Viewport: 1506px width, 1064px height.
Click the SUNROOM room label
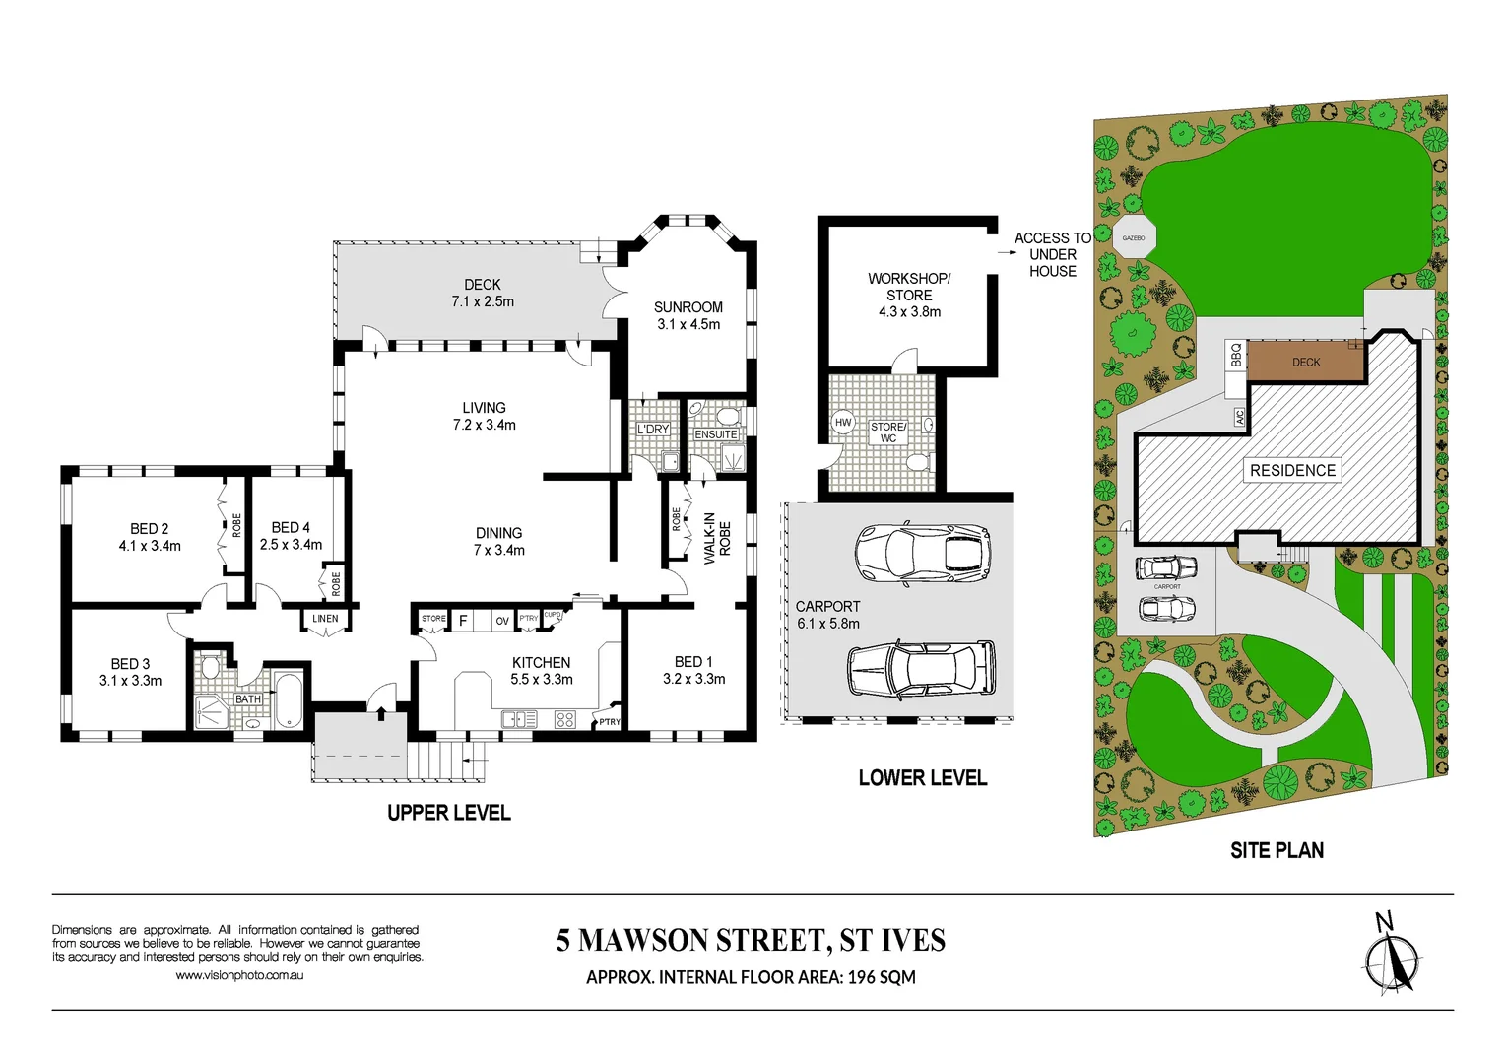click(688, 307)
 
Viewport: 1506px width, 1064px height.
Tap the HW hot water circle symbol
click(843, 423)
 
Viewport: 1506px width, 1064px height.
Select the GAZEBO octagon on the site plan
click(1134, 237)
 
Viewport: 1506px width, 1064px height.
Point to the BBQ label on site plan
click(1236, 355)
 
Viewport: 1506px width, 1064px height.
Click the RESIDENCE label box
click(1292, 471)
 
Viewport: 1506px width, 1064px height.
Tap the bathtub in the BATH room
click(289, 700)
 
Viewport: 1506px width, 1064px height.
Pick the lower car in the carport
click(922, 670)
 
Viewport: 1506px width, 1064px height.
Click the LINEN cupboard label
click(325, 619)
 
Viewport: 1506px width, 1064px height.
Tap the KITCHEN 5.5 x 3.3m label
click(541, 671)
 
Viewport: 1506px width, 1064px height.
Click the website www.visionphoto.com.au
click(239, 975)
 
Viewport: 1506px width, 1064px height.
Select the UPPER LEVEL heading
click(448, 813)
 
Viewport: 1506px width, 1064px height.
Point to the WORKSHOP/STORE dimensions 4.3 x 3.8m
click(909, 312)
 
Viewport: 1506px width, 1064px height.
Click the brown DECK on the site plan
click(1305, 363)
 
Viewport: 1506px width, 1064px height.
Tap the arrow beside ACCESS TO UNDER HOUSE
click(1006, 253)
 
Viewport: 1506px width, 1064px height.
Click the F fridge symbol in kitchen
click(463, 621)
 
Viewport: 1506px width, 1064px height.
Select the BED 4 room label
click(291, 528)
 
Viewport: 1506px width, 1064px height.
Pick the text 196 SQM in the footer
click(882, 977)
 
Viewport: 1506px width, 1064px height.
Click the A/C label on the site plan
click(1239, 418)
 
